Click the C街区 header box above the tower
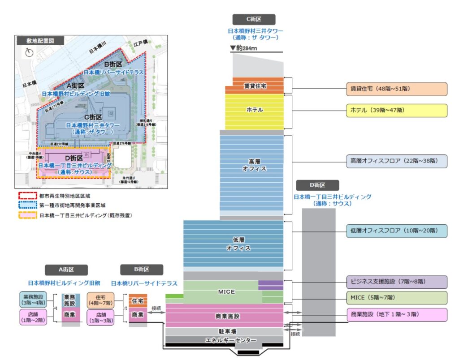(254, 19)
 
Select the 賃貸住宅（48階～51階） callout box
(396, 89)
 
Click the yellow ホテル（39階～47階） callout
(396, 110)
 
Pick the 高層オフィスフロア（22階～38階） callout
(396, 161)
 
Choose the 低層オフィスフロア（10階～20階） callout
(396, 231)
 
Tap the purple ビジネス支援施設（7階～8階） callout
(396, 282)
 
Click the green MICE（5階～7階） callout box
(396, 297)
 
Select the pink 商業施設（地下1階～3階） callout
(396, 314)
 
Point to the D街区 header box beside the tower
(317, 185)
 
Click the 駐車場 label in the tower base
(225, 332)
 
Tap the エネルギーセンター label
(225, 340)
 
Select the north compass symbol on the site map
(30, 52)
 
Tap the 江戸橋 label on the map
(140, 44)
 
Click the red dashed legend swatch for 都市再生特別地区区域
(28, 196)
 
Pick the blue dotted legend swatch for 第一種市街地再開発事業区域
(28, 206)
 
